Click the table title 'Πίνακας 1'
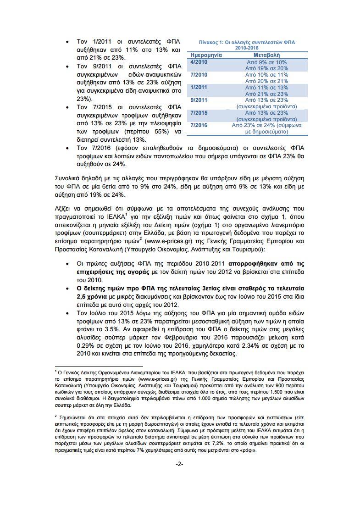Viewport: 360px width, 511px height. pos(243,42)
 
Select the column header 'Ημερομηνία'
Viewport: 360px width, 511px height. pos(206,55)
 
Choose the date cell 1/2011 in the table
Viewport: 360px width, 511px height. pos(199,87)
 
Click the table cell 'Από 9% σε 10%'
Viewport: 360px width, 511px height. pos(266,62)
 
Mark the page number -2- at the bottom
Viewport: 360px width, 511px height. pos(180,465)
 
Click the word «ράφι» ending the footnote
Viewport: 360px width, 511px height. pos(247,450)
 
